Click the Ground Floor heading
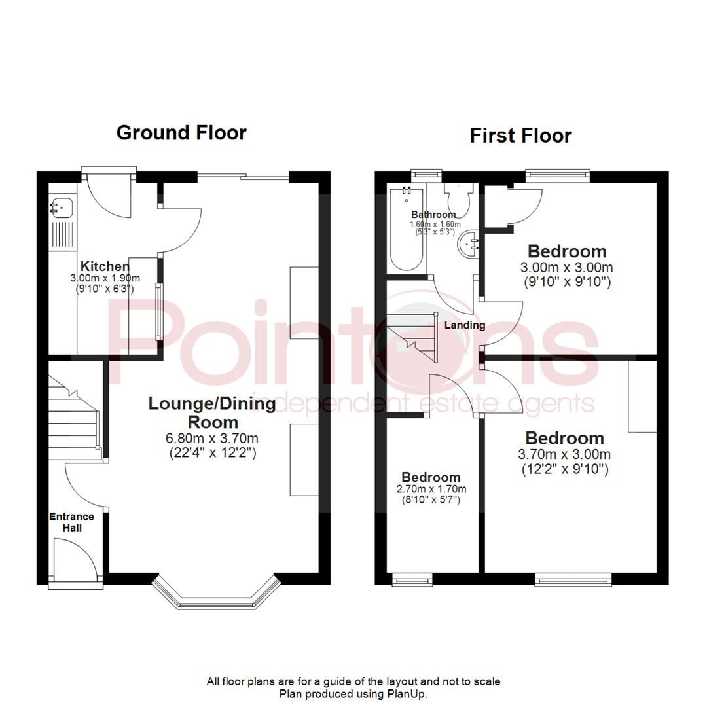click(x=181, y=133)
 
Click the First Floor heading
click(x=520, y=136)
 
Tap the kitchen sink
click(x=62, y=208)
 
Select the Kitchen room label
click(x=104, y=266)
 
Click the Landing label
click(x=464, y=325)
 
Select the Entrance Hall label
click(x=72, y=522)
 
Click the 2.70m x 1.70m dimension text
click(x=431, y=490)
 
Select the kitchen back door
click(x=109, y=194)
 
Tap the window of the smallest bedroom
click(x=412, y=579)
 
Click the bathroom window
click(x=426, y=174)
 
